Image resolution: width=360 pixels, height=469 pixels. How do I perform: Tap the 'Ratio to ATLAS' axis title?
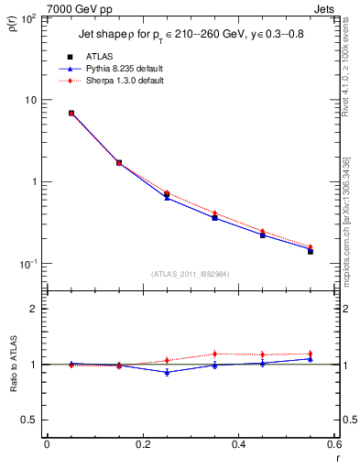point(14,394)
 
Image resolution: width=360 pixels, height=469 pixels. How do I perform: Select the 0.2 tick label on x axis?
point(142,444)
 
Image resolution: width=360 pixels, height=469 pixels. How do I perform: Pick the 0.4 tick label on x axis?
point(238,444)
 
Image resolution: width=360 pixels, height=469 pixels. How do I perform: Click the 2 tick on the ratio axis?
point(35,310)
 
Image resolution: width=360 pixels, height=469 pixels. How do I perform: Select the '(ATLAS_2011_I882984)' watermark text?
point(190,273)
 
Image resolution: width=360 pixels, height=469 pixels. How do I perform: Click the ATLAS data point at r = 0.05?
point(71,114)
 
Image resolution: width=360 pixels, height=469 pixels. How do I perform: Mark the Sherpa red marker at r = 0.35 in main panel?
point(214,213)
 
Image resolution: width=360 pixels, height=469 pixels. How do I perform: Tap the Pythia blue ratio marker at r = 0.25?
point(167,372)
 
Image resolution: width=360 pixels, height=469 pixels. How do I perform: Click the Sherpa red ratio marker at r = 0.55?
point(311,354)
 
